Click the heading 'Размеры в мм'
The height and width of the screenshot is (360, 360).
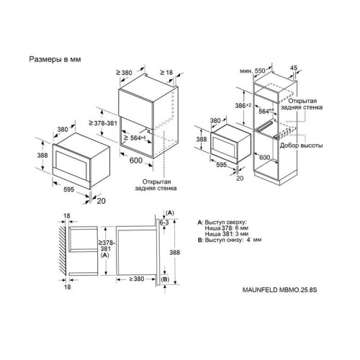pyautogui.click(x=55, y=59)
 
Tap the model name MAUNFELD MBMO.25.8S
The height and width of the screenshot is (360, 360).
pyautogui.click(x=279, y=290)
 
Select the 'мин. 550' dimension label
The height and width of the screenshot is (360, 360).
pyautogui.click(x=253, y=71)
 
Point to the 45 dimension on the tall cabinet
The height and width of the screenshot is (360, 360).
pyautogui.click(x=294, y=68)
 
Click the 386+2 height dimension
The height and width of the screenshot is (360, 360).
pyautogui.click(x=243, y=106)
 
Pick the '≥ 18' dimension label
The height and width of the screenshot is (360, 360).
pyautogui.click(x=166, y=72)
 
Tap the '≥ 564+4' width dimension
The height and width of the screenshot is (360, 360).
pyautogui.click(x=135, y=138)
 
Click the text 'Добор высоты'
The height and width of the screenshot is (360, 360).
pyautogui.click(x=301, y=145)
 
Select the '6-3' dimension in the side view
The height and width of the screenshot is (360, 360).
pyautogui.click(x=164, y=222)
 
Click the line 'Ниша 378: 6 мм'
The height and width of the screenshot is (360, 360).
pyautogui.click(x=227, y=228)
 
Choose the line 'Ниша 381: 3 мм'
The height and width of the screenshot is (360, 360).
pyautogui.click(x=227, y=234)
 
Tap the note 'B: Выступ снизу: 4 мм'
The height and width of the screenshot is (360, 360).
pyautogui.click(x=230, y=240)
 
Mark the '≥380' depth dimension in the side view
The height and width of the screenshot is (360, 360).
pyautogui.click(x=137, y=279)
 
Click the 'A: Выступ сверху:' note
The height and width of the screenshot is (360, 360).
pyautogui.click(x=222, y=222)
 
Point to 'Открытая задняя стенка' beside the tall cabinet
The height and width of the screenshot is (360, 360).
pyautogui.click(x=302, y=104)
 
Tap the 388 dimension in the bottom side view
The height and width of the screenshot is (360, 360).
pyautogui.click(x=174, y=252)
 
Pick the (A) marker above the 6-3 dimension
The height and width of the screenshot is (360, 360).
pyautogui.click(x=170, y=213)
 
